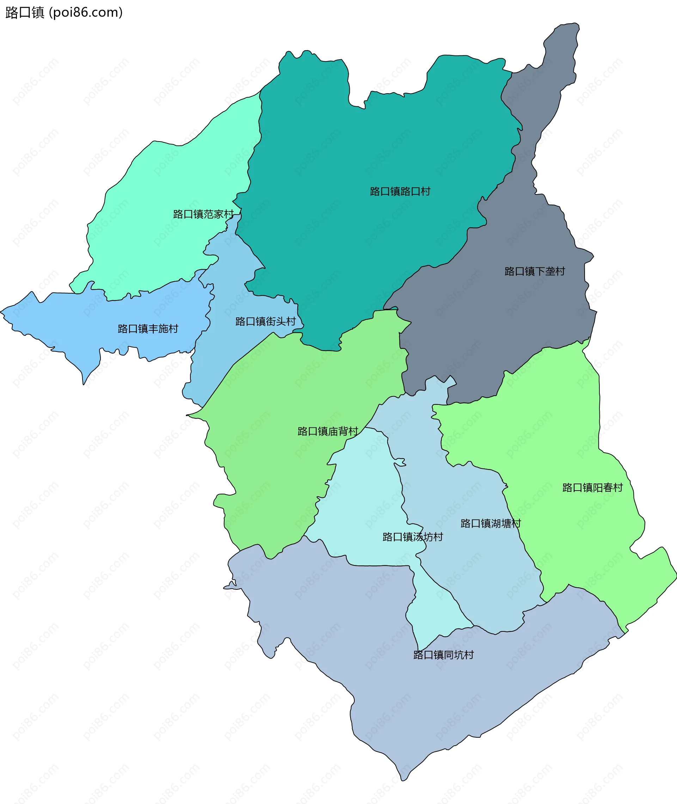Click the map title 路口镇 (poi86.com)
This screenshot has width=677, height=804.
[64, 13]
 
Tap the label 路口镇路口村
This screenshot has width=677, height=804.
[400, 191]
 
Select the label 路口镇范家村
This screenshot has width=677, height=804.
[203, 214]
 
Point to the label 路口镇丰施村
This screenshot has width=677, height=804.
[148, 329]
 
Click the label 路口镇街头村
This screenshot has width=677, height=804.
[266, 321]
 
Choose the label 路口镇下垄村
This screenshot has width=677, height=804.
[535, 271]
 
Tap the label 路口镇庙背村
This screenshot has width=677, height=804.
[328, 431]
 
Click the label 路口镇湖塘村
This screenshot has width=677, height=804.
[490, 523]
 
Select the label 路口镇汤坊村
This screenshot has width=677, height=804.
[413, 536]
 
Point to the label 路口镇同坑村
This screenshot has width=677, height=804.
[443, 655]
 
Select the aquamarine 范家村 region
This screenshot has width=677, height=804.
[161, 184]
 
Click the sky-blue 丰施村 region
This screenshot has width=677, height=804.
[77, 323]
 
